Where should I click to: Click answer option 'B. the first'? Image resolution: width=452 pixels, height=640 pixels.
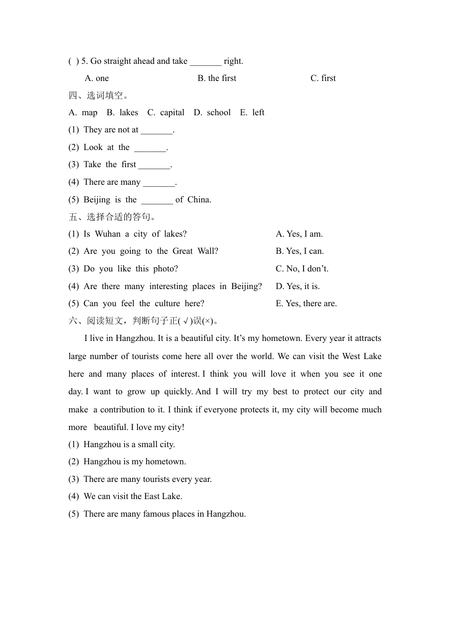coord(217,78)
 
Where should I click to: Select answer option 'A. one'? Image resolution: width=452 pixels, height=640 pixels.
coord(97,78)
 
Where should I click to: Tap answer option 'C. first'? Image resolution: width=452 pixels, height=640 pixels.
coord(323,78)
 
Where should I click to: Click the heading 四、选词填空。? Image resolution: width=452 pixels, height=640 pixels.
coord(98,95)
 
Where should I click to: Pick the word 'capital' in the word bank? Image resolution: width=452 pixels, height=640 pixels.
coord(172,112)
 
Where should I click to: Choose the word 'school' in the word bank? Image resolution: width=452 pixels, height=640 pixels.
coord(219,112)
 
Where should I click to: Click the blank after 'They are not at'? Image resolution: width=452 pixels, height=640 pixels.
coord(157,130)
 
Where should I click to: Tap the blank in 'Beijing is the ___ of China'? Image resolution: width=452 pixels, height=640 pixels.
coord(157,200)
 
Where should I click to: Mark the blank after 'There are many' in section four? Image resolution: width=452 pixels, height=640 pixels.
coord(159,182)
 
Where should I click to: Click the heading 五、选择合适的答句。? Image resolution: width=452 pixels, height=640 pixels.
coord(112,217)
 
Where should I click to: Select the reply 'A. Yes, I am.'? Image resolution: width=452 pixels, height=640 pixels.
coord(299,234)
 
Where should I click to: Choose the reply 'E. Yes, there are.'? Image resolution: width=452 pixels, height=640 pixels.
coord(306,303)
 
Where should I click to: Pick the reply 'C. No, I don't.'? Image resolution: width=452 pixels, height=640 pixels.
coord(302,269)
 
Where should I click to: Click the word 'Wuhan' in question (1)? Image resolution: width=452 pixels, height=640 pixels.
coord(108,234)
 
